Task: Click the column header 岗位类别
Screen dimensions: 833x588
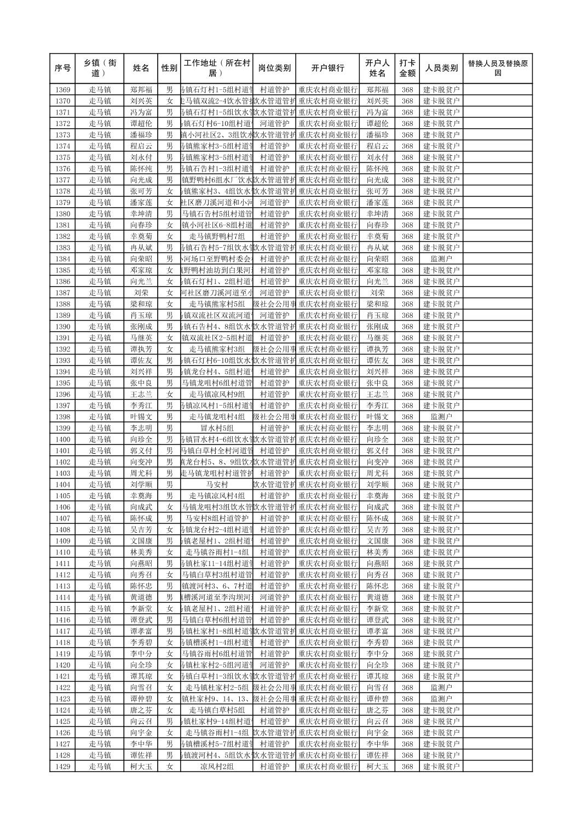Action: pyautogui.click(x=274, y=69)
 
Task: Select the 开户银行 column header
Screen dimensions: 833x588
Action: pyautogui.click(x=327, y=69)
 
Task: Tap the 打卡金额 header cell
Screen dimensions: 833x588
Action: pyautogui.click(x=407, y=69)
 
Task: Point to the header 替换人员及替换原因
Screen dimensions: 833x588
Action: pyautogui.click(x=497, y=69)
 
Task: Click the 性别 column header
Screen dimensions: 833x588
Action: pyautogui.click(x=169, y=69)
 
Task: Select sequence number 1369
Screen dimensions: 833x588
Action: pyautogui.click(x=63, y=90)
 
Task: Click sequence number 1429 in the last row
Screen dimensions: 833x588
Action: pyautogui.click(x=63, y=767)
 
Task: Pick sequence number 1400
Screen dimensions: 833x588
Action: pyautogui.click(x=63, y=440)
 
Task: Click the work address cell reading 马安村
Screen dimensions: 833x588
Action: pyautogui.click(x=217, y=484)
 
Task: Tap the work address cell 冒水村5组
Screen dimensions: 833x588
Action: pyautogui.click(x=217, y=428)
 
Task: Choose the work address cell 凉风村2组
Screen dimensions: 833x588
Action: pyautogui.click(x=217, y=767)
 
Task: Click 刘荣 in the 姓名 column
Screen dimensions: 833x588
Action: pyautogui.click(x=141, y=293)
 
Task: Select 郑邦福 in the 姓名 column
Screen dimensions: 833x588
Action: pyautogui.click(x=141, y=90)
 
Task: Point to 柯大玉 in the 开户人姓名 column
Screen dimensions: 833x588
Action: pyautogui.click(x=377, y=767)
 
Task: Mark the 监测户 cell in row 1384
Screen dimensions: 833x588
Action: pyautogui.click(x=441, y=259)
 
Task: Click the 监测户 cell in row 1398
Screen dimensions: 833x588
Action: pyautogui.click(x=441, y=416)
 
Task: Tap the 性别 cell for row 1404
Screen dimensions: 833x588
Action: pyautogui.click(x=170, y=484)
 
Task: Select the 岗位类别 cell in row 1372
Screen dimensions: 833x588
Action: pyautogui.click(x=274, y=123)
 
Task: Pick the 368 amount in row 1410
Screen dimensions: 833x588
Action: pyautogui.click(x=407, y=552)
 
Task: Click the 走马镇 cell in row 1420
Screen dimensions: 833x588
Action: pyautogui.click(x=100, y=665)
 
